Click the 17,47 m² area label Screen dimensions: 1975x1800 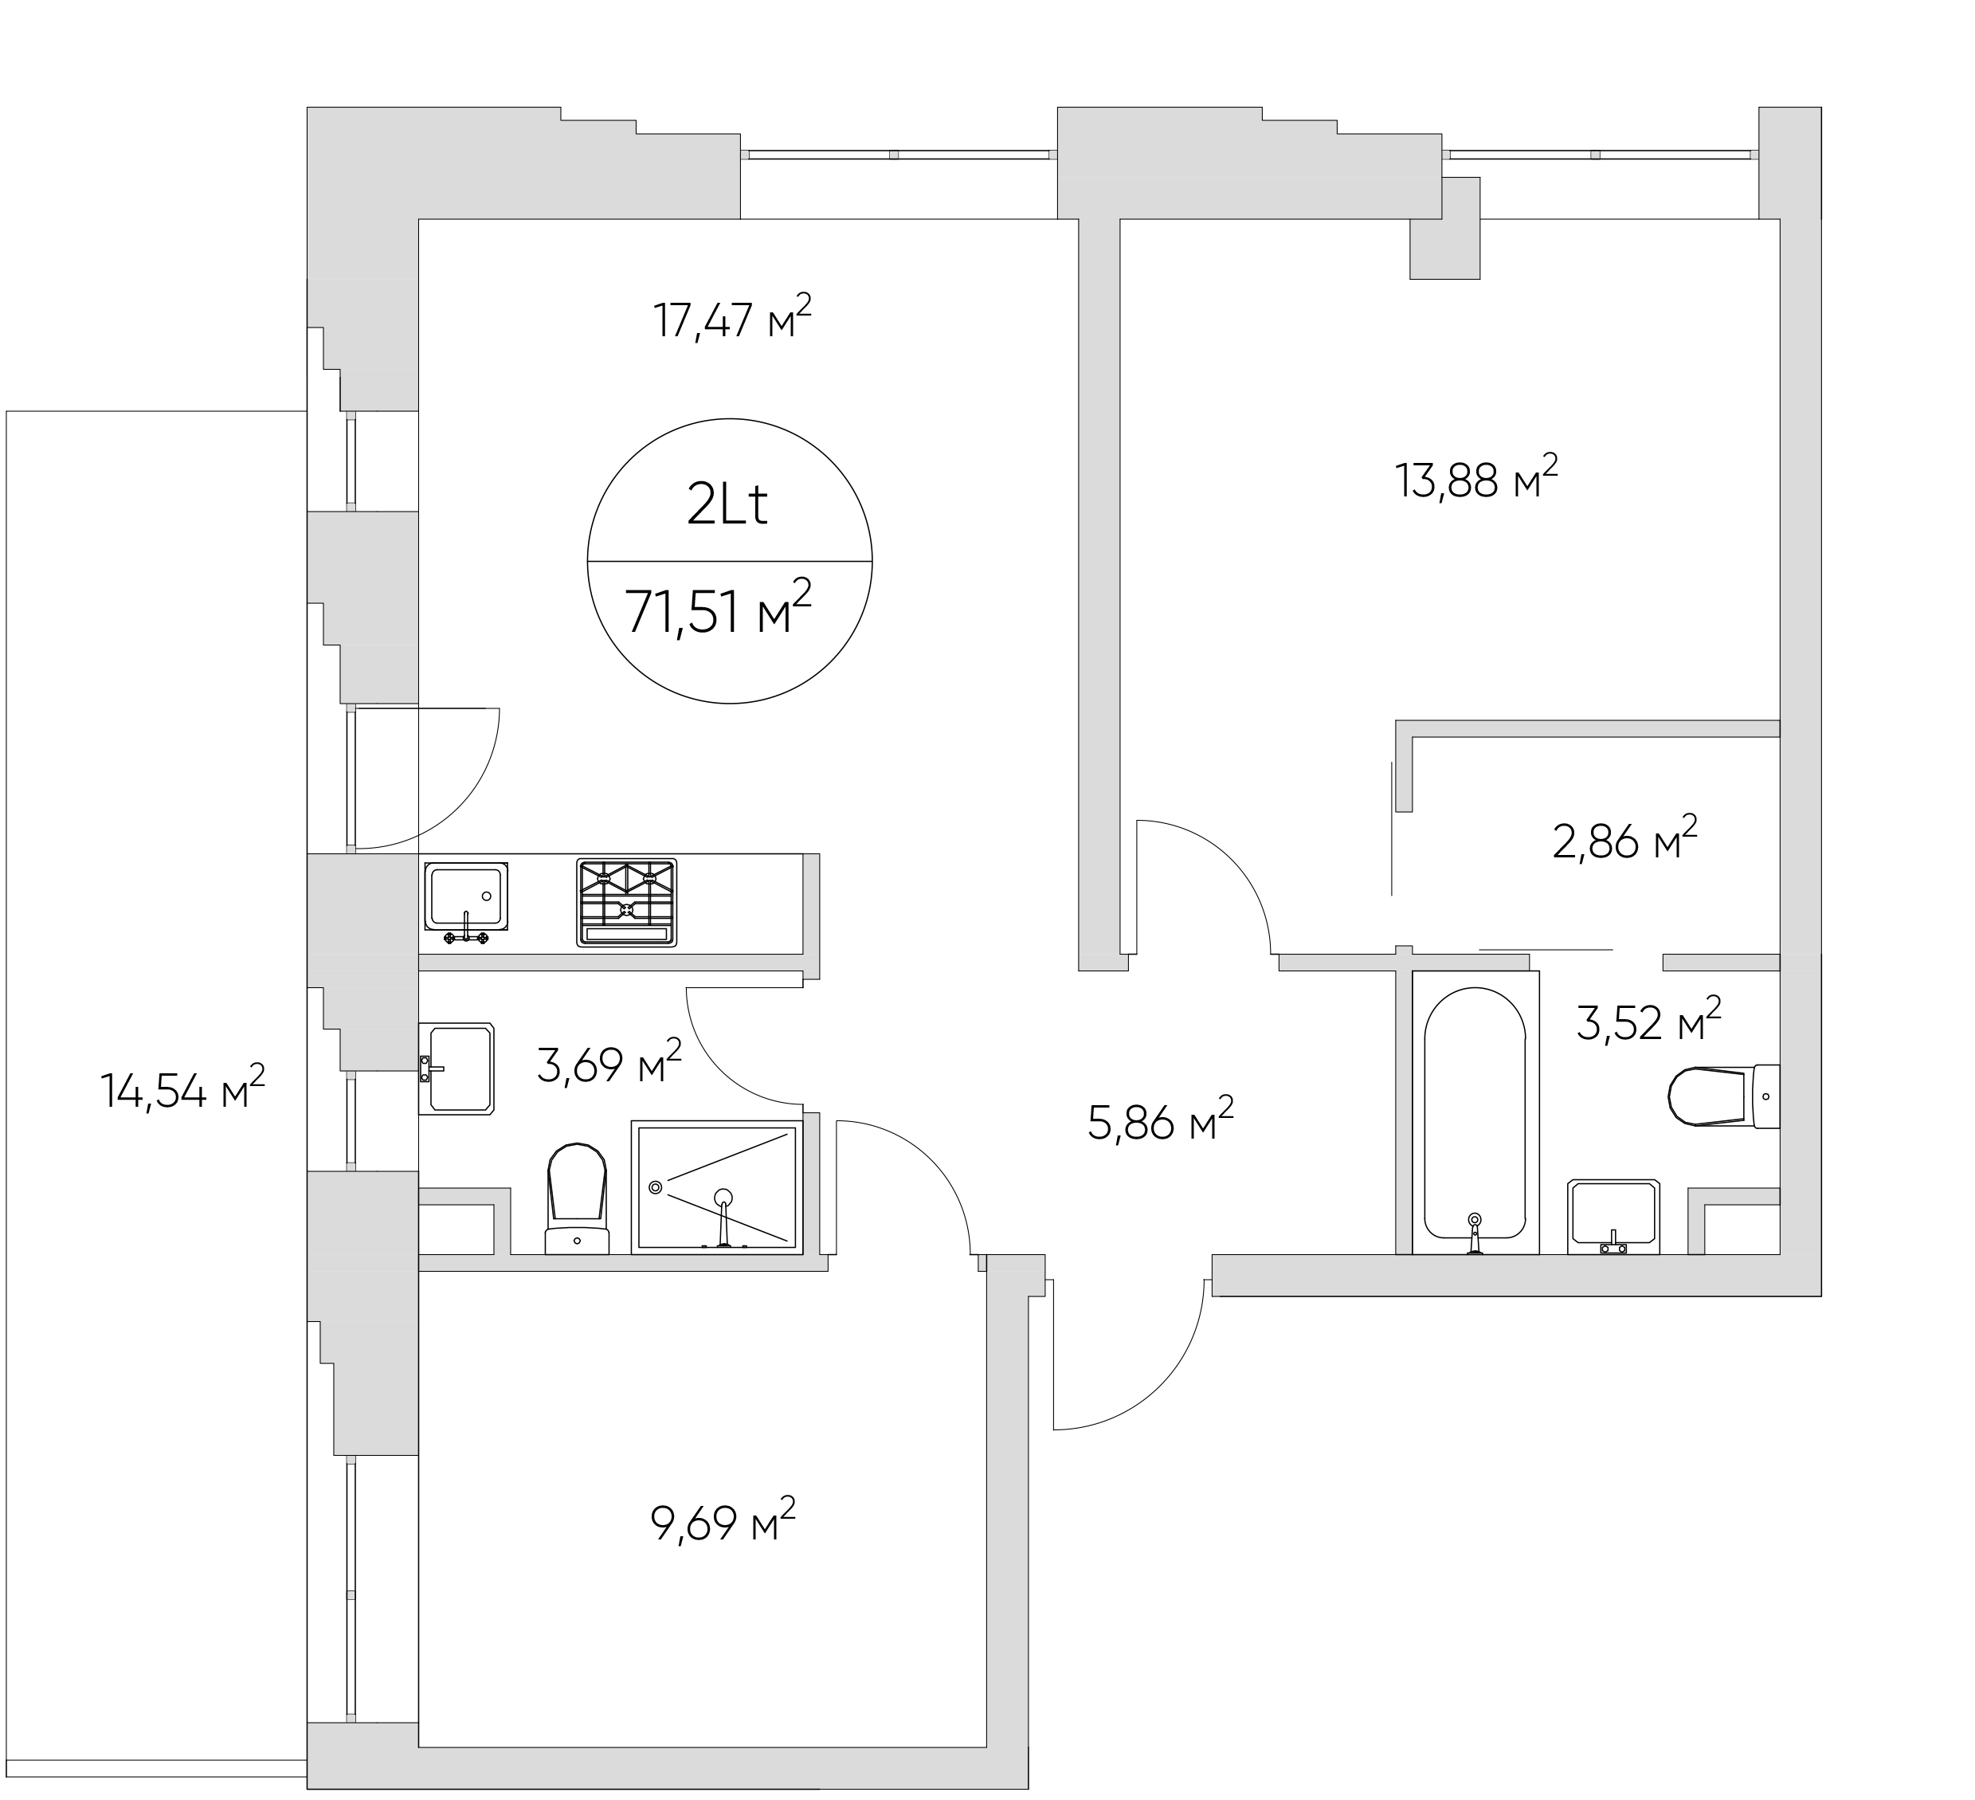[x=733, y=316]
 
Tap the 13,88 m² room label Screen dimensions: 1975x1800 [x=1476, y=478]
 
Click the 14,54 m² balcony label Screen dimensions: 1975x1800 [x=183, y=1088]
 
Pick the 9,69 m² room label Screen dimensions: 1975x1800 [x=723, y=1522]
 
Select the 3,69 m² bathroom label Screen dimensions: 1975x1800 [x=609, y=1062]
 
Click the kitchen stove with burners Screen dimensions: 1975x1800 [x=627, y=903]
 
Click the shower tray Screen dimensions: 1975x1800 [x=717, y=1186]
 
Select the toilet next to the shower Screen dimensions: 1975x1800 [x=577, y=1198]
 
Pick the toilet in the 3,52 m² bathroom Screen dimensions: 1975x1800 [x=1723, y=1096]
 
